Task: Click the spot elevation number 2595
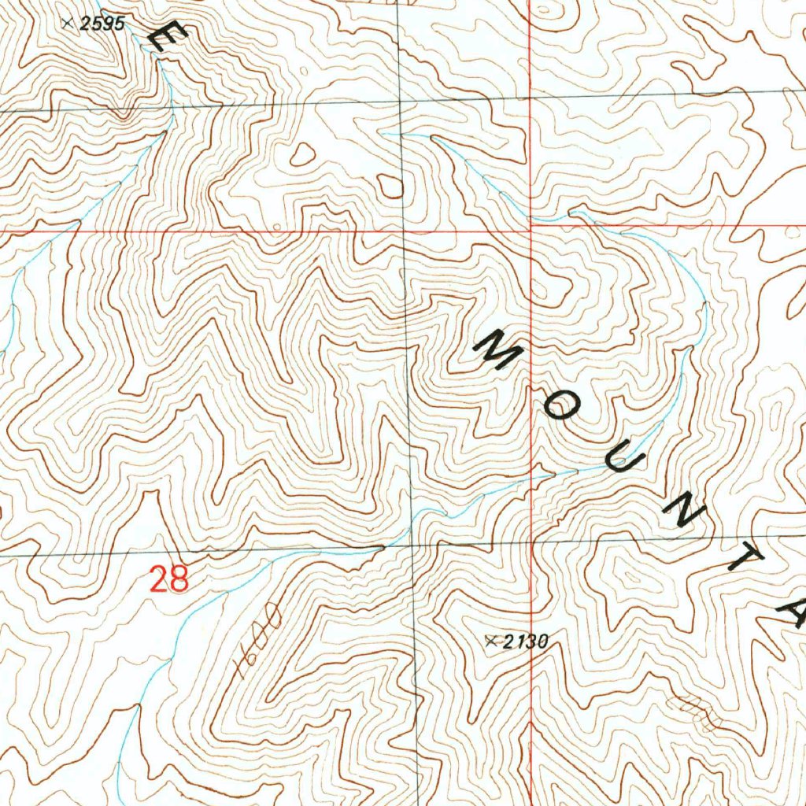(103, 24)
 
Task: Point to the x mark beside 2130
(493, 641)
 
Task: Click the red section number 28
(170, 580)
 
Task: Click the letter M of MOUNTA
(497, 350)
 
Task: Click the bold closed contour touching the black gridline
(390, 186)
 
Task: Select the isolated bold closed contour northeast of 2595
(302, 154)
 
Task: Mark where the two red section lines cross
(531, 228)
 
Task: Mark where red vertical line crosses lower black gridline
(532, 542)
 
